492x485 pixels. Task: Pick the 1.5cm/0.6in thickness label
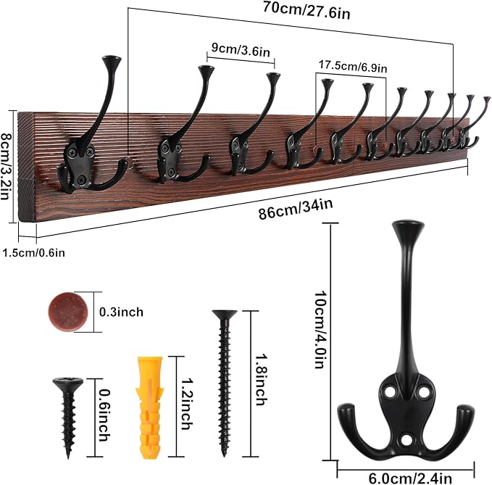[33, 252]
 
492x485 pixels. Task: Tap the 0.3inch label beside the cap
[122, 312]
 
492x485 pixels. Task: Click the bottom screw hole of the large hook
[406, 440]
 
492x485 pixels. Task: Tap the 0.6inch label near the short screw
[102, 415]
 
